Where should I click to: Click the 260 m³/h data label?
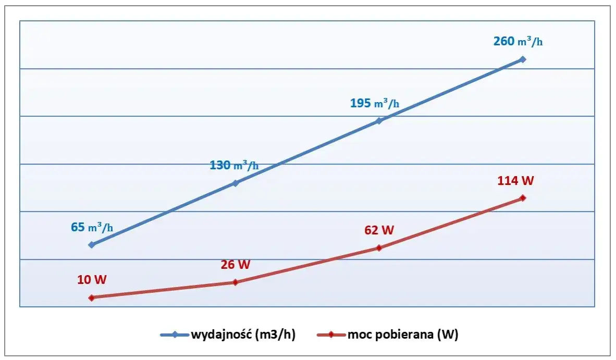(518, 41)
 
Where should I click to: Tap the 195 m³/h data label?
(375, 103)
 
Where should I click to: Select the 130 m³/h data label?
(234, 166)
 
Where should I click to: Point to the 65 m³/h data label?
(92, 227)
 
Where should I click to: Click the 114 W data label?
(516, 181)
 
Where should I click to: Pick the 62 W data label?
(379, 230)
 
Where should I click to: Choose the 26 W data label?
(236, 264)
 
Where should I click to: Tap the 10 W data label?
(92, 280)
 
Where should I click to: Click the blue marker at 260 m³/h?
(523, 59)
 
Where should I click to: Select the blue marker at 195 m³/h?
(379, 121)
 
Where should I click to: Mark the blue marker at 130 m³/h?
(235, 183)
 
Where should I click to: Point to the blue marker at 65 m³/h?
(92, 244)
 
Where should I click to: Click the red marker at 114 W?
(523, 198)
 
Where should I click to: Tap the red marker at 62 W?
(379, 247)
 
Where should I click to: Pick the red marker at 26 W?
(235, 282)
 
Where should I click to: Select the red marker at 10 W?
(92, 297)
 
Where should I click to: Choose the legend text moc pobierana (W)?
(402, 335)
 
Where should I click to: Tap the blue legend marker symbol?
(175, 335)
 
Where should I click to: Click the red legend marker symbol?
(331, 335)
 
